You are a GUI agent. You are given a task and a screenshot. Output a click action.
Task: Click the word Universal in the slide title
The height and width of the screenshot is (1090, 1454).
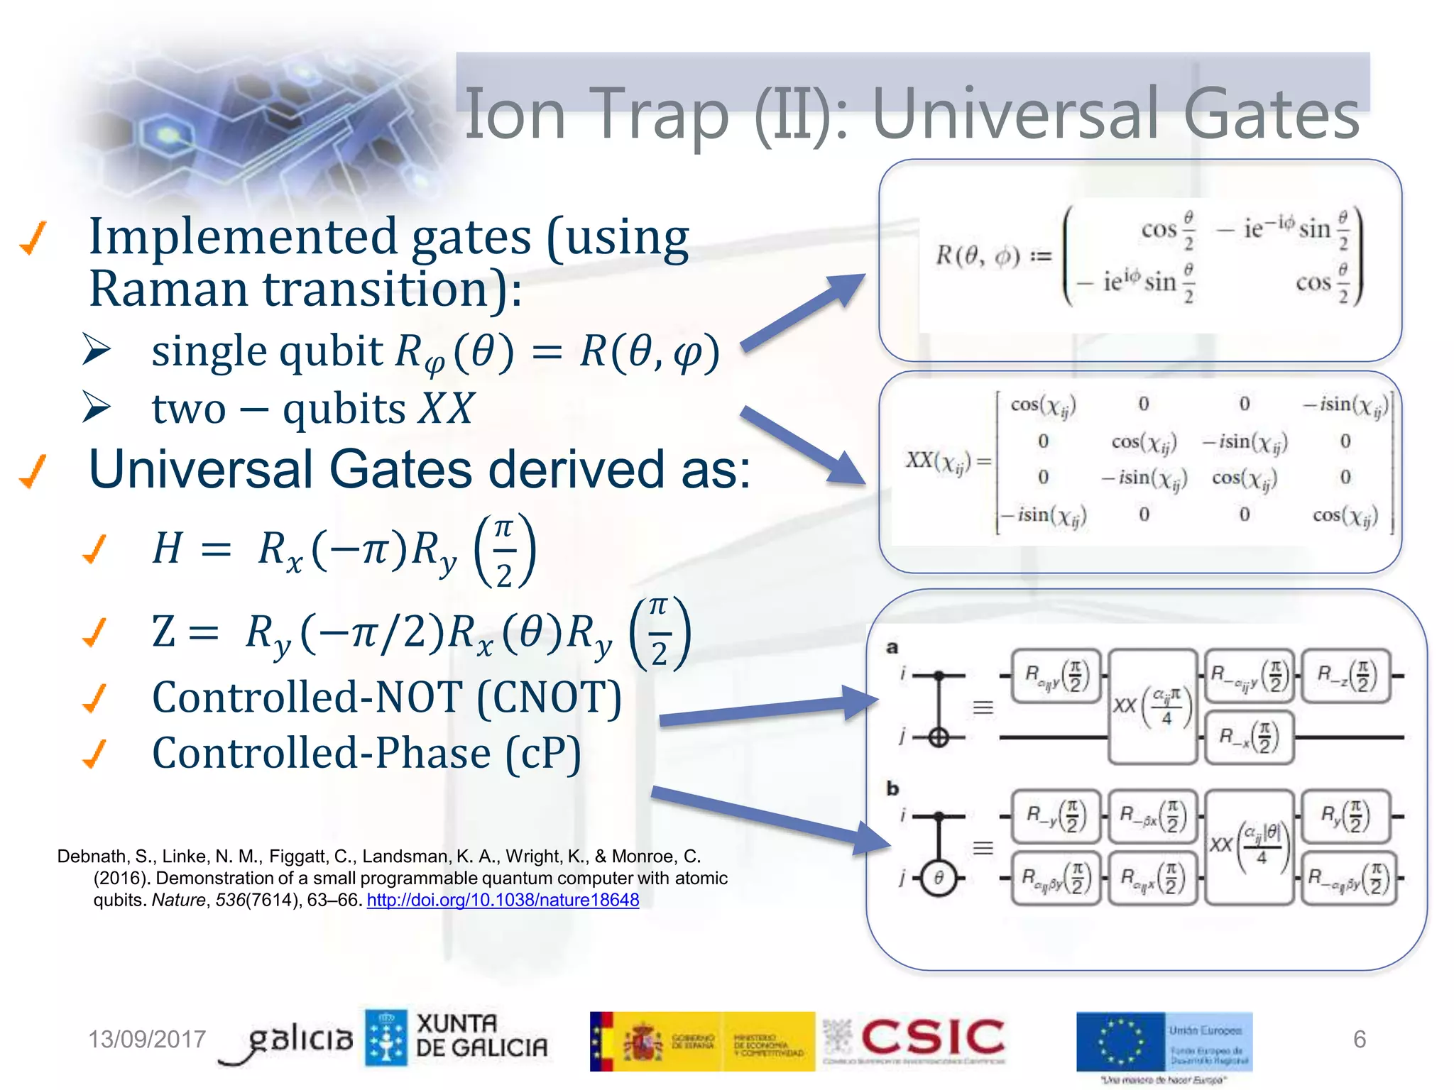1016,114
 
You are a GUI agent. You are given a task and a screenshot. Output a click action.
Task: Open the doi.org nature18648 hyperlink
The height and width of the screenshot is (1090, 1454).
503,900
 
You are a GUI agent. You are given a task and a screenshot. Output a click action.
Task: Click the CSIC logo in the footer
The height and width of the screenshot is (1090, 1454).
932,1037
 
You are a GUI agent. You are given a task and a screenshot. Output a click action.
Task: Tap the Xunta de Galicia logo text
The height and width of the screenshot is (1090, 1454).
481,1036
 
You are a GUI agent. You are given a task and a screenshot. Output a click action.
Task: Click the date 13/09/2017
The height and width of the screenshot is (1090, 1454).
146,1039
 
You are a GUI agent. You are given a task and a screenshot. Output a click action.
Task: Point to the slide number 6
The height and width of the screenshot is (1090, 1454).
1359,1039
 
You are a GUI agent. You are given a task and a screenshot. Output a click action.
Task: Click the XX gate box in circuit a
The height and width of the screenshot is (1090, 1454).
1152,706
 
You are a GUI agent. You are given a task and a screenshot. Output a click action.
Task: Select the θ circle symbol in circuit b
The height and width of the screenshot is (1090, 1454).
939,879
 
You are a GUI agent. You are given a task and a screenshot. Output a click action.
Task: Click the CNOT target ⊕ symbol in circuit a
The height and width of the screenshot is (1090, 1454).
939,738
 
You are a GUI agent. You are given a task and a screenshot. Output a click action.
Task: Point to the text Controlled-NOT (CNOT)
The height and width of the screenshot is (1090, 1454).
387,698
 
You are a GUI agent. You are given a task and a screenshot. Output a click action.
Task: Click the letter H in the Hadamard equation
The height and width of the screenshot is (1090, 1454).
168,548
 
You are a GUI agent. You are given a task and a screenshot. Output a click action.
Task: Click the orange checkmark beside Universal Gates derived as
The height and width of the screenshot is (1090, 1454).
33,471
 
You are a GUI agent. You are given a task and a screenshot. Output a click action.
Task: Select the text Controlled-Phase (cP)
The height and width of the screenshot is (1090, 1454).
366,754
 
